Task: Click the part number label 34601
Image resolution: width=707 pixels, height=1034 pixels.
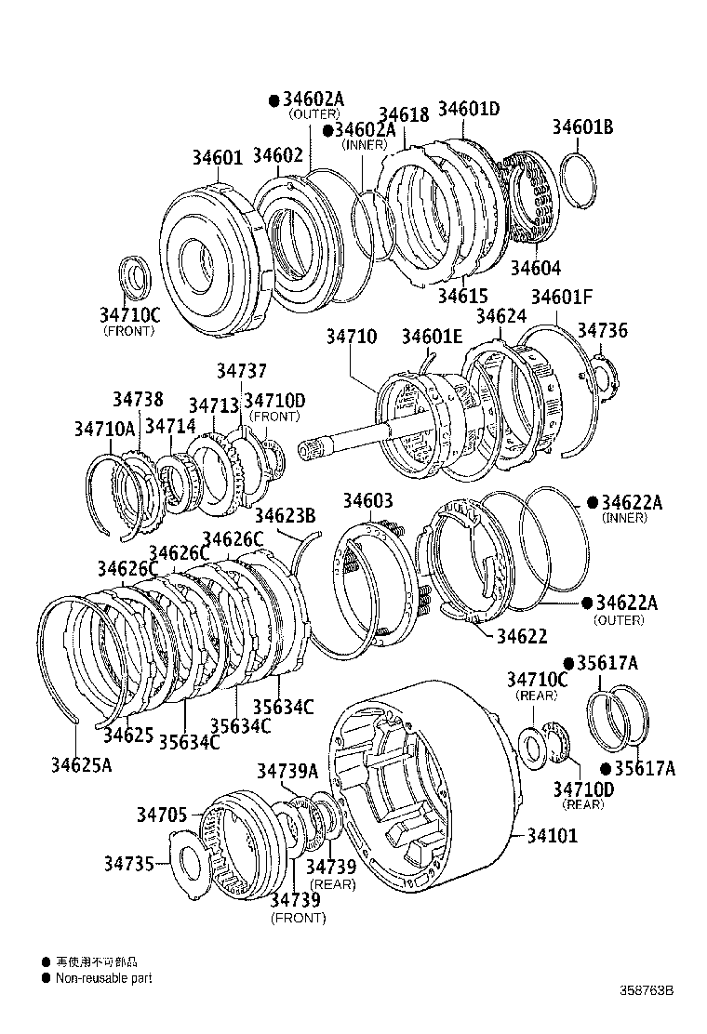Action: click(x=217, y=157)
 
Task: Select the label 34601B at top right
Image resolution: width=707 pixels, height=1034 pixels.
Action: click(x=582, y=127)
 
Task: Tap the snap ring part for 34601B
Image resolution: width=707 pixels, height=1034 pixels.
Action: click(x=580, y=182)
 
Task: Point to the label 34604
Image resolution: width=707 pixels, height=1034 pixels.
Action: click(x=535, y=269)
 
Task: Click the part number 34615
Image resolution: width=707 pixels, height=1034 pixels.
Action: click(x=462, y=296)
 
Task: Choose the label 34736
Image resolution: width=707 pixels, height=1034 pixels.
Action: click(x=602, y=330)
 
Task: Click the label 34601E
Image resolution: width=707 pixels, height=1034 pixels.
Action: click(x=432, y=336)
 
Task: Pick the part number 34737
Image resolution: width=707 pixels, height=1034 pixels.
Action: click(x=242, y=370)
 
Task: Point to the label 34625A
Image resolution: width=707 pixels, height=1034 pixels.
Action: click(x=81, y=764)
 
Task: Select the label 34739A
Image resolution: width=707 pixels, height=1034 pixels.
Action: click(x=287, y=770)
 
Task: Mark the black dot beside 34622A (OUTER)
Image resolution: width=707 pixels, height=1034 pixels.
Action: click(x=586, y=603)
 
